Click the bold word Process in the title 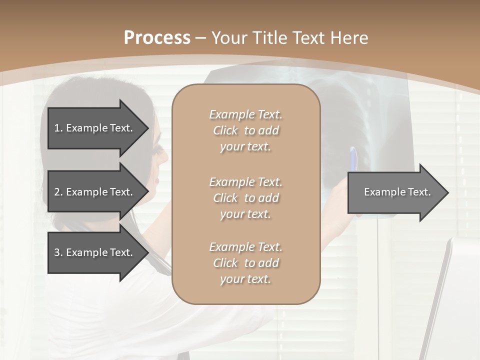[157, 38]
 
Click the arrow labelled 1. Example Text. [93, 128]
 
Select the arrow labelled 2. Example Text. [93, 192]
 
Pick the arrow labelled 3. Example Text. [93, 252]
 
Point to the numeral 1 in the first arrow [57, 128]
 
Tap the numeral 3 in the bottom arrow [57, 252]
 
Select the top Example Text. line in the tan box [245, 114]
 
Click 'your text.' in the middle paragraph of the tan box [245, 214]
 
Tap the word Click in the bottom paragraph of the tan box [225, 263]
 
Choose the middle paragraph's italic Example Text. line [245, 182]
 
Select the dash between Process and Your [201, 38]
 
